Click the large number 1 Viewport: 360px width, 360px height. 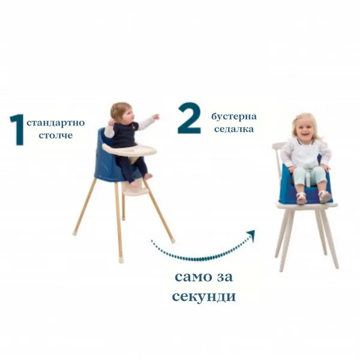tap(16, 129)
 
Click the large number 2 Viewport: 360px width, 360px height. tap(189, 118)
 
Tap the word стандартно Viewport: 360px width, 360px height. tap(56, 123)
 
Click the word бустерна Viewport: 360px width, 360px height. tap(233, 116)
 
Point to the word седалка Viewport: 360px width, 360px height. tap(233, 128)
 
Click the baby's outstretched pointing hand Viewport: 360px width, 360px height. tap(156, 117)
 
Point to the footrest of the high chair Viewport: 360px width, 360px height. tap(135, 188)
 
